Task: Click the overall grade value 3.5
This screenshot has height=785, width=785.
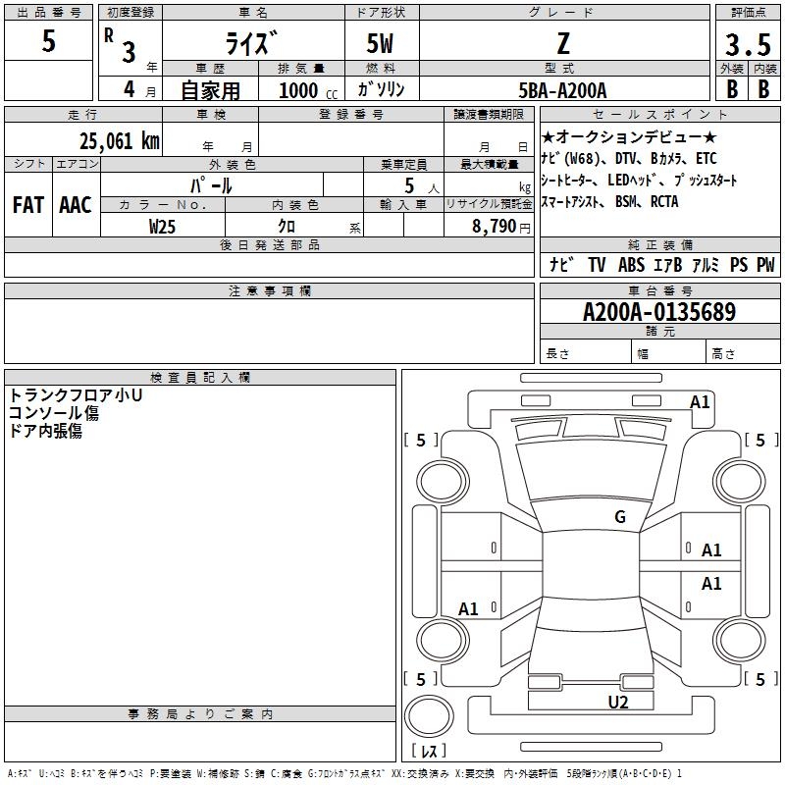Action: (x=748, y=44)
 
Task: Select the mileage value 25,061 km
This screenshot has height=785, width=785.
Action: (x=119, y=140)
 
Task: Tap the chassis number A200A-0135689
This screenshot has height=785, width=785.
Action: (x=659, y=312)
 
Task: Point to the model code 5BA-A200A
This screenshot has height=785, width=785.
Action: (x=562, y=90)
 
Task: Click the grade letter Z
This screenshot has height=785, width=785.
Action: (x=563, y=43)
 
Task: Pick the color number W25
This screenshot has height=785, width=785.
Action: (x=162, y=227)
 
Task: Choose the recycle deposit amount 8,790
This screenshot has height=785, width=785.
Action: (x=495, y=226)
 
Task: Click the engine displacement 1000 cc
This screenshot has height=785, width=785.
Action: (x=308, y=90)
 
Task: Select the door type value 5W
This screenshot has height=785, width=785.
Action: (x=380, y=43)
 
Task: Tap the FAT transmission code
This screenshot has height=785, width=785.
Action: (x=28, y=205)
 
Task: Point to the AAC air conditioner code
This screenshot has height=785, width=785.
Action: (x=76, y=205)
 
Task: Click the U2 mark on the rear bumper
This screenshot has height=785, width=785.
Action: (x=618, y=702)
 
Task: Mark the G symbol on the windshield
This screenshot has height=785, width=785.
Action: (x=620, y=516)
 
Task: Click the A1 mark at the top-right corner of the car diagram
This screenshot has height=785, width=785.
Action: (x=700, y=402)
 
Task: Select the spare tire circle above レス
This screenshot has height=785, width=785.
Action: (x=429, y=716)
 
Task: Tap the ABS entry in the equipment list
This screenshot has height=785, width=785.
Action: (x=631, y=264)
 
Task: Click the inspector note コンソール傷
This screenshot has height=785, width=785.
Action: (x=54, y=413)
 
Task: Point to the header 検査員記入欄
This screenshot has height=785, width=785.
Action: (x=200, y=378)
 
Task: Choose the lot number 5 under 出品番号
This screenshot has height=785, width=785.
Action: (x=48, y=40)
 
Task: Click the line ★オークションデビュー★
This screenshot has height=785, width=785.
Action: (x=629, y=136)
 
